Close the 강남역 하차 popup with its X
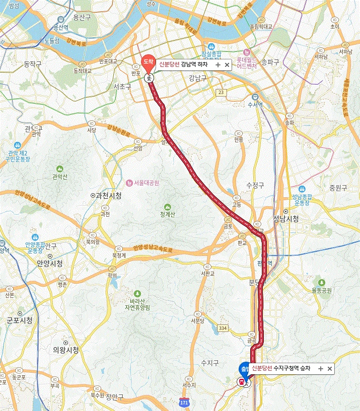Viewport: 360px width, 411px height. point(227,65)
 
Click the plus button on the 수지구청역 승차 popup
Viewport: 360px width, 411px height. point(320,369)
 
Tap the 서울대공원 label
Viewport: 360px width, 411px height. point(142,183)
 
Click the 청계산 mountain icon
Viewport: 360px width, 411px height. point(168,207)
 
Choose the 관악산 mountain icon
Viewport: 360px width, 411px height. point(60,169)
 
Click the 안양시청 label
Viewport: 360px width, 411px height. point(49,264)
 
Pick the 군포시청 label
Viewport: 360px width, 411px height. point(20,320)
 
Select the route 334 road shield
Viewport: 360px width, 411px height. point(223,328)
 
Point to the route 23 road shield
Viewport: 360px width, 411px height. point(222,93)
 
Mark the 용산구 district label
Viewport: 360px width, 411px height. point(82,18)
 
